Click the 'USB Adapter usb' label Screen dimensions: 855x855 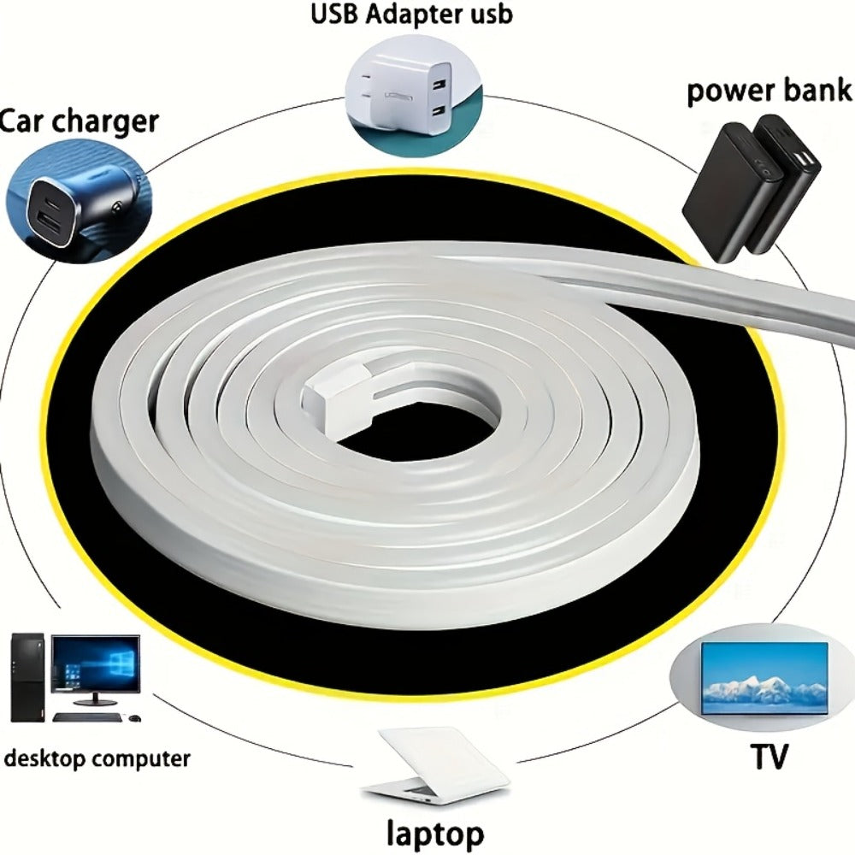(x=412, y=15)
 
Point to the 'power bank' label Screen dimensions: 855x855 (x=769, y=91)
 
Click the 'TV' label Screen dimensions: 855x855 (x=769, y=756)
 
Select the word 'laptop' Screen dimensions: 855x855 (x=434, y=834)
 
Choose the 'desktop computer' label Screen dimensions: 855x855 (x=97, y=758)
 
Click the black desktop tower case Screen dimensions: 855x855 (x=27, y=677)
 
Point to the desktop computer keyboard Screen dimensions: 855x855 (x=87, y=717)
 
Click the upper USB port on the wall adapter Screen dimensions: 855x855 (x=439, y=85)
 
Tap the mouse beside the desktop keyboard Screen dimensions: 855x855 (x=133, y=717)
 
